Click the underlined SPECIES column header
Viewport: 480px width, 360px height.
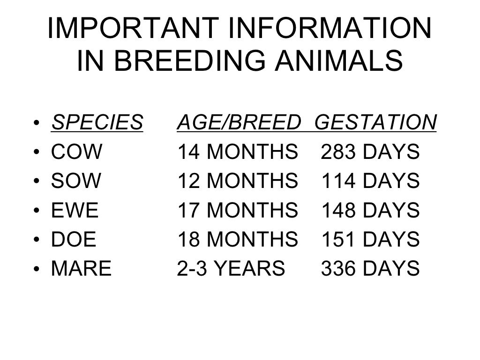(x=97, y=123)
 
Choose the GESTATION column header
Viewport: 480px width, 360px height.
(x=375, y=123)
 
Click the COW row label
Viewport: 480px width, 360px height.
(x=76, y=152)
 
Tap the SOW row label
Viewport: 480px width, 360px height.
(x=76, y=181)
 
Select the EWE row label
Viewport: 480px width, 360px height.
(x=75, y=210)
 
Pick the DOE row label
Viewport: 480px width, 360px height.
(x=74, y=240)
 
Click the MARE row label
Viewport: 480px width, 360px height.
(x=82, y=269)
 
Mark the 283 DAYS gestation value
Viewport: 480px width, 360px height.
(x=370, y=152)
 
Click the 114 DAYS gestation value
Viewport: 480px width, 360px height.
(x=370, y=181)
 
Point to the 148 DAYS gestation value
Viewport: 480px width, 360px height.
(x=370, y=210)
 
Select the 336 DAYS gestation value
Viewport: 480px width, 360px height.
(x=370, y=269)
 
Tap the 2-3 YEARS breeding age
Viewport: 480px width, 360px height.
(x=231, y=269)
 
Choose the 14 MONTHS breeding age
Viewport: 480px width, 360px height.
(x=238, y=152)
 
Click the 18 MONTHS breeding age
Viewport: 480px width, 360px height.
(x=238, y=240)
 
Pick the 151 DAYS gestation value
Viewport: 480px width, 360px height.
(x=370, y=240)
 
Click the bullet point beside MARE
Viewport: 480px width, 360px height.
(x=36, y=270)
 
